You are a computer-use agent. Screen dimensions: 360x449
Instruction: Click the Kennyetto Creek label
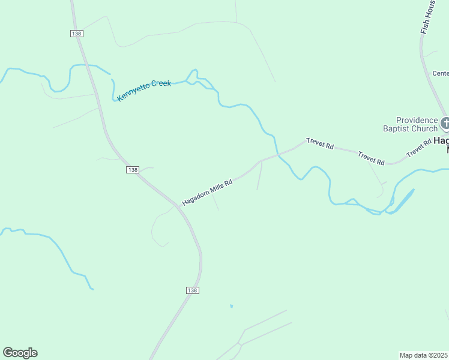144,90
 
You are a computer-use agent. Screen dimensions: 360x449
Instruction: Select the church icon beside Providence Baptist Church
445,124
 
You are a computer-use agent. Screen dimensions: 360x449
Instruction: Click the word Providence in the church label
417,120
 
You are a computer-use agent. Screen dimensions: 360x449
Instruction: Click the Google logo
20,353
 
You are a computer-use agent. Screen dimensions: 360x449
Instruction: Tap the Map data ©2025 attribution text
424,355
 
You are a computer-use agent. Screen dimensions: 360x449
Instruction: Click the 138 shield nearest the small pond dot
192,290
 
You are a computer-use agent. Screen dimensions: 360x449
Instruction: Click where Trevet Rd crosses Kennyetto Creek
277,155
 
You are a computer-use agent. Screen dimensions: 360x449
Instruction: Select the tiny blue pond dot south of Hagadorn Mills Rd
231,306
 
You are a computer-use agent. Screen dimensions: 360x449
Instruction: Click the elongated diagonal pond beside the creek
402,201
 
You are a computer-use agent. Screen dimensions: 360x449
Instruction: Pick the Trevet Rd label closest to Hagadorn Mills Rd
319,143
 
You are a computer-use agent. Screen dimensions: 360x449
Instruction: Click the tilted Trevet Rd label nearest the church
419,148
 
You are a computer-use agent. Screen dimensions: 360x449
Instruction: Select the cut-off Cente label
441,73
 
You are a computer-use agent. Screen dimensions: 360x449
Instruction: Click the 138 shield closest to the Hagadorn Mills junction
133,170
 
